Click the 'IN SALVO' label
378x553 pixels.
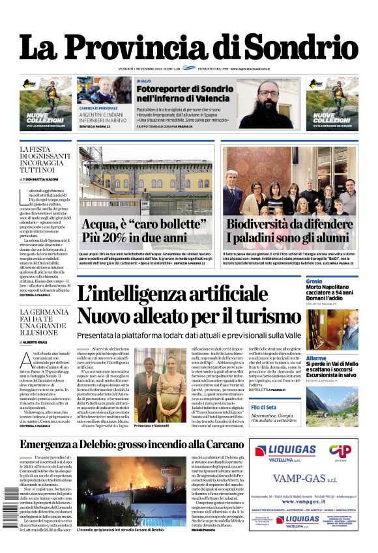click(x=144, y=81)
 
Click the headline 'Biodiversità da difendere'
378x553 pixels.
click(x=289, y=225)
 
